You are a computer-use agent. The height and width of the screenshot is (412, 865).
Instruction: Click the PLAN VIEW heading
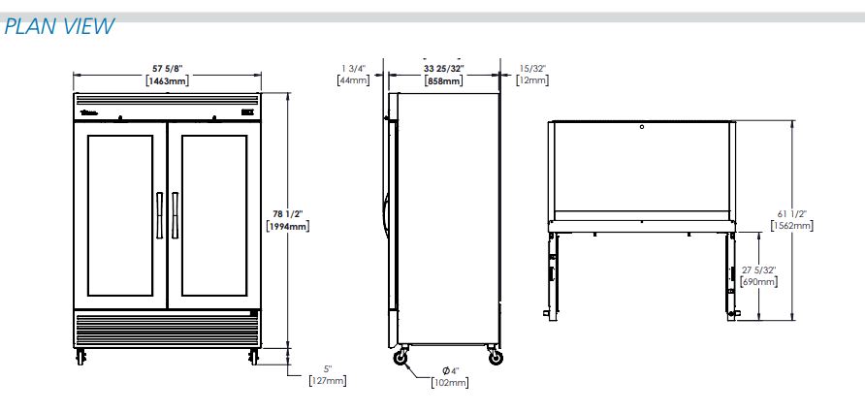coord(59,26)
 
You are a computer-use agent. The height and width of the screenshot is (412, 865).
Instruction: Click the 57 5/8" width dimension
coord(167,69)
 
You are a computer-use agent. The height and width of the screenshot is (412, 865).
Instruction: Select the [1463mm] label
coord(167,81)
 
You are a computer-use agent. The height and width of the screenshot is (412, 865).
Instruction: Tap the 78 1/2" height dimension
coord(288,214)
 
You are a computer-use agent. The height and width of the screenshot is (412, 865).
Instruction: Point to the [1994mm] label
coord(288,226)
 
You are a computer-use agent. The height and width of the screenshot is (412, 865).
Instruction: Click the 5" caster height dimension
coord(328,369)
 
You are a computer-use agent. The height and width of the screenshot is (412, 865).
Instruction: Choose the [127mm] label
coord(328,381)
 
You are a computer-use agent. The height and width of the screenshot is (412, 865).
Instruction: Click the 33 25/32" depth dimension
coord(444,69)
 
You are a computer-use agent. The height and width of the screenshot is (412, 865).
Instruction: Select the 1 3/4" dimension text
coord(353,69)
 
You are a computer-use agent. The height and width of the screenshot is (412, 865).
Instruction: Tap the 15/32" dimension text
coord(532,69)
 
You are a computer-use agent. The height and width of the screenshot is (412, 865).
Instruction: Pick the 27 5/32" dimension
coord(759,270)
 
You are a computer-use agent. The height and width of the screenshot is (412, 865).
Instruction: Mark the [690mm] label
coord(759,282)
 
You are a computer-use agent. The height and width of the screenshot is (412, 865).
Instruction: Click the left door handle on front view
coord(159,215)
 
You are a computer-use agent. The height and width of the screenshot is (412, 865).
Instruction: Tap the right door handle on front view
coord(175,215)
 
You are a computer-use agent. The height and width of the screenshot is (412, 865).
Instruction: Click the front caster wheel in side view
coord(400,358)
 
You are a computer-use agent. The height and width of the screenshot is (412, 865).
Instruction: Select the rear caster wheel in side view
coord(496,358)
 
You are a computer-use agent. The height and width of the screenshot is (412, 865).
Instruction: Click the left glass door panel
coord(119,215)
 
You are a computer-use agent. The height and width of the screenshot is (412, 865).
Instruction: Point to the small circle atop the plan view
coord(642,127)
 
